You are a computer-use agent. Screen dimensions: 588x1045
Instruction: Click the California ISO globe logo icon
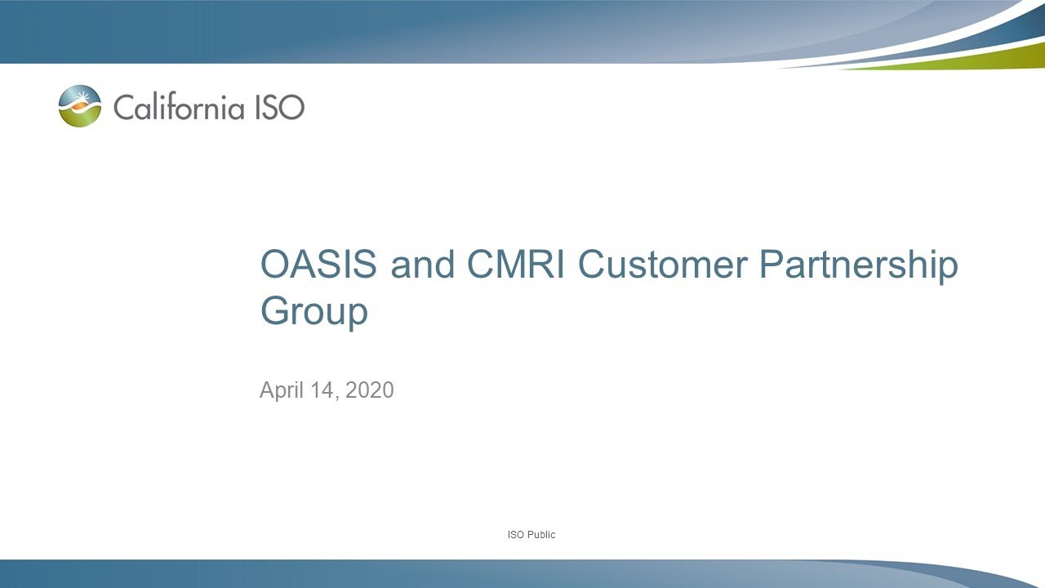tap(80, 106)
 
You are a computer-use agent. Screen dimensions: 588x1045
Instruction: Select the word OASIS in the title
tap(318, 265)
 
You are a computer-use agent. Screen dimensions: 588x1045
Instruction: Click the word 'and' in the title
tap(421, 265)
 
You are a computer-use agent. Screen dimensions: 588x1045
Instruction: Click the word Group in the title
tap(313, 313)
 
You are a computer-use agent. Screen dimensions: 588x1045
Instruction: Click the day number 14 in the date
tap(323, 390)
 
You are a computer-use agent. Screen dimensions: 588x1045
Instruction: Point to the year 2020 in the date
tap(369, 390)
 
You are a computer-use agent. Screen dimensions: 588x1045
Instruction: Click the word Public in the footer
tap(540, 535)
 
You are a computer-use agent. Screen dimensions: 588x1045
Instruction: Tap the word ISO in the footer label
tap(515, 535)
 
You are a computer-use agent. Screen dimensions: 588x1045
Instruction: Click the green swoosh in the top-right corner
tap(980, 60)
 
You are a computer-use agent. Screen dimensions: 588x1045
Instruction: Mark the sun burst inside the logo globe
tap(79, 102)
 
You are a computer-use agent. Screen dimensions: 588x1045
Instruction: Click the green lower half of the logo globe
tap(80, 118)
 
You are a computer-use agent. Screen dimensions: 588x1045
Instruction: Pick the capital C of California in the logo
tap(123, 107)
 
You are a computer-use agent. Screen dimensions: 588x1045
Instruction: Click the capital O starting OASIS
tap(275, 265)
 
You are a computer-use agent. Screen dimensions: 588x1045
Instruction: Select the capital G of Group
tap(275, 311)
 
